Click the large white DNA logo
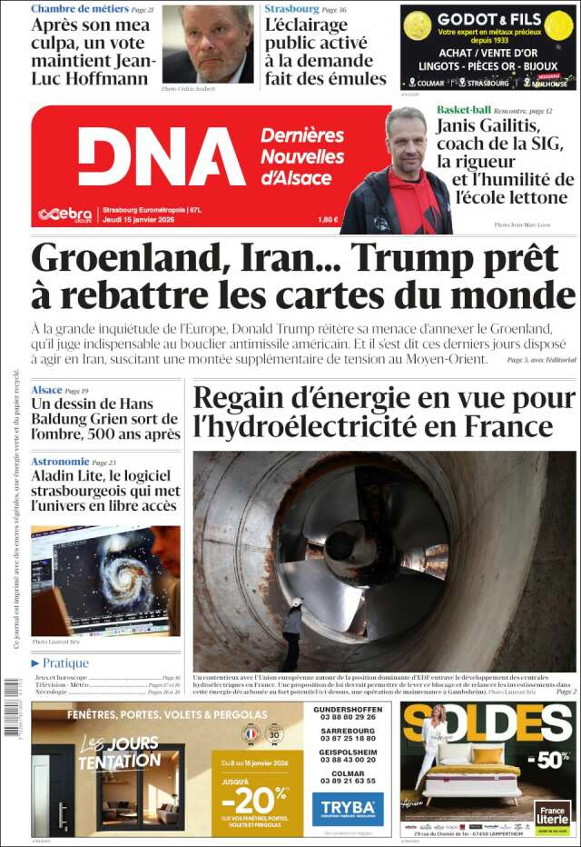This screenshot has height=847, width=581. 161,156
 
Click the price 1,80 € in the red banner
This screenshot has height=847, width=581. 328,219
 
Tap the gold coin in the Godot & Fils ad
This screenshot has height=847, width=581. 417,25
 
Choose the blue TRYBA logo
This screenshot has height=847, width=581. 348,808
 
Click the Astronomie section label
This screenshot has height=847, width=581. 59,462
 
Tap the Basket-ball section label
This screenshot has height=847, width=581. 463,109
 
